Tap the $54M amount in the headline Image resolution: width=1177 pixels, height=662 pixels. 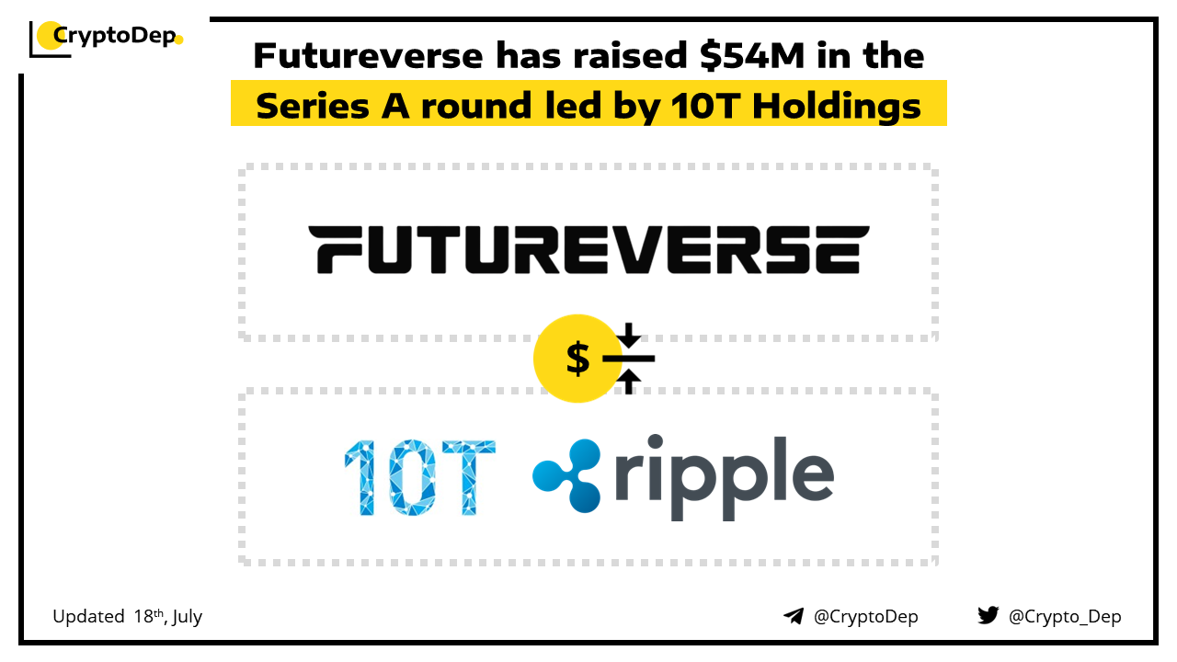752,56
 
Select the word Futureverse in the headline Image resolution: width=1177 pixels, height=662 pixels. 368,56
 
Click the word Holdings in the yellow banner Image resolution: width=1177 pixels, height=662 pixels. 836,107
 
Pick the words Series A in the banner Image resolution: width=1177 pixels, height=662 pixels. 333,106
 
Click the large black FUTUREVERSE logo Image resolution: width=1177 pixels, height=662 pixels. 588,249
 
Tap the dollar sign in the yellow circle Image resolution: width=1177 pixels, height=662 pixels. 577,358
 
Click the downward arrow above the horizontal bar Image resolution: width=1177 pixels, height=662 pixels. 628,335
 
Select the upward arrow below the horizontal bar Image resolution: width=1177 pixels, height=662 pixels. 628,382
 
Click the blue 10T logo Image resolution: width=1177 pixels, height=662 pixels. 419,477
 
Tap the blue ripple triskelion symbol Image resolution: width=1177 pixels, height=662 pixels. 567,475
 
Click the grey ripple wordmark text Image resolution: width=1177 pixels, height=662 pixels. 724,477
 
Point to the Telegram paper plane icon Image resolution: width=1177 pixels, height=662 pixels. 794,616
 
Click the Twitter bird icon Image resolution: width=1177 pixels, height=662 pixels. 988,615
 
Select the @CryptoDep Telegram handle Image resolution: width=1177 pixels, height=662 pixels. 865,616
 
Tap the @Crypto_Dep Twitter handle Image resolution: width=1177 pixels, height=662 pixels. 1065,616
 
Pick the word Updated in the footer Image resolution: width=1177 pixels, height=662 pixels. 88,616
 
